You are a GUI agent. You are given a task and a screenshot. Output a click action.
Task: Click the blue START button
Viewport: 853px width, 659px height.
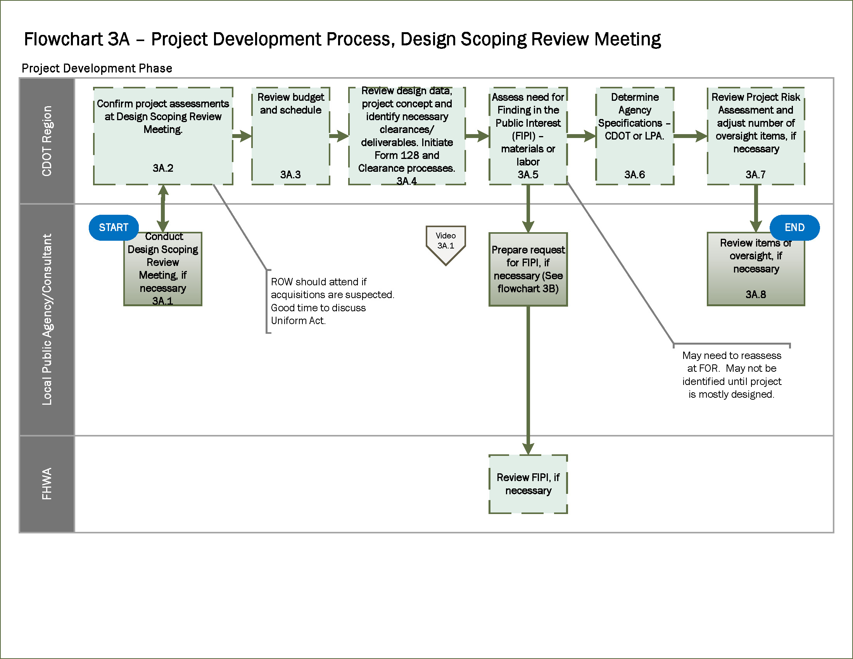(113, 228)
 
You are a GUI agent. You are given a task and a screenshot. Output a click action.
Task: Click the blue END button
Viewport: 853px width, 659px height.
(794, 228)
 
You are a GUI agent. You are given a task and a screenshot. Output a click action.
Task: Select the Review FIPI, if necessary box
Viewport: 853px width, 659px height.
(528, 484)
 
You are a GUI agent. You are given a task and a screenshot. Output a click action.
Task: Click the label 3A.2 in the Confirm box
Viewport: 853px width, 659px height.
(163, 168)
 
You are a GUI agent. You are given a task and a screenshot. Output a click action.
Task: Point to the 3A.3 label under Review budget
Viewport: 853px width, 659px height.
(290, 174)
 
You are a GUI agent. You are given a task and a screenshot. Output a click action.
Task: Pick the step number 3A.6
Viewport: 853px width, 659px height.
(634, 174)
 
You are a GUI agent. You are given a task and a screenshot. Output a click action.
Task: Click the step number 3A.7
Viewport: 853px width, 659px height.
(755, 174)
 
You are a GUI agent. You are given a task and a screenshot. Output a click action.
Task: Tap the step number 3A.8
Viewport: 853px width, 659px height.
(755, 294)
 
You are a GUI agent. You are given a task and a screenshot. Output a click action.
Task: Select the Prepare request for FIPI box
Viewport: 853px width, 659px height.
(528, 269)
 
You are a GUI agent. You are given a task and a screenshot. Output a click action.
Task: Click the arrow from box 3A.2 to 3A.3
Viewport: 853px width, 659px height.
(242, 136)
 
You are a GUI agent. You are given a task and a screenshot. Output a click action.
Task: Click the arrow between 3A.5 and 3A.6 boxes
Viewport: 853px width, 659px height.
(581, 136)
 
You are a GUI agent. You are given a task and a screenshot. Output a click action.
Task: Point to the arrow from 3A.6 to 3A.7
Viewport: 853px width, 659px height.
(691, 136)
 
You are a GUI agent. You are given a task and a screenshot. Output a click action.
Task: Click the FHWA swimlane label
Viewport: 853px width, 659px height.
(47, 484)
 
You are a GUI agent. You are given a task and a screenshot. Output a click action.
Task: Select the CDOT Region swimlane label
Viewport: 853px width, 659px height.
(47, 141)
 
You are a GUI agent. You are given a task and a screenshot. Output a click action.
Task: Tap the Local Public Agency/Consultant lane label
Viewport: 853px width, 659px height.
(47, 319)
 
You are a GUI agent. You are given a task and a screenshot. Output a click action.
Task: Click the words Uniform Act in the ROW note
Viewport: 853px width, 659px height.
(298, 321)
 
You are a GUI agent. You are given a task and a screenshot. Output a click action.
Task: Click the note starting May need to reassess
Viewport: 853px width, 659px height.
(731, 375)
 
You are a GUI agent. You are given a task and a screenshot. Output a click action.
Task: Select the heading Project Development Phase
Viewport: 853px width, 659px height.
(97, 68)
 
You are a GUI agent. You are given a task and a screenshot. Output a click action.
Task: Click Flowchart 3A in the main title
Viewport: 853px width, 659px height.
(77, 39)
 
